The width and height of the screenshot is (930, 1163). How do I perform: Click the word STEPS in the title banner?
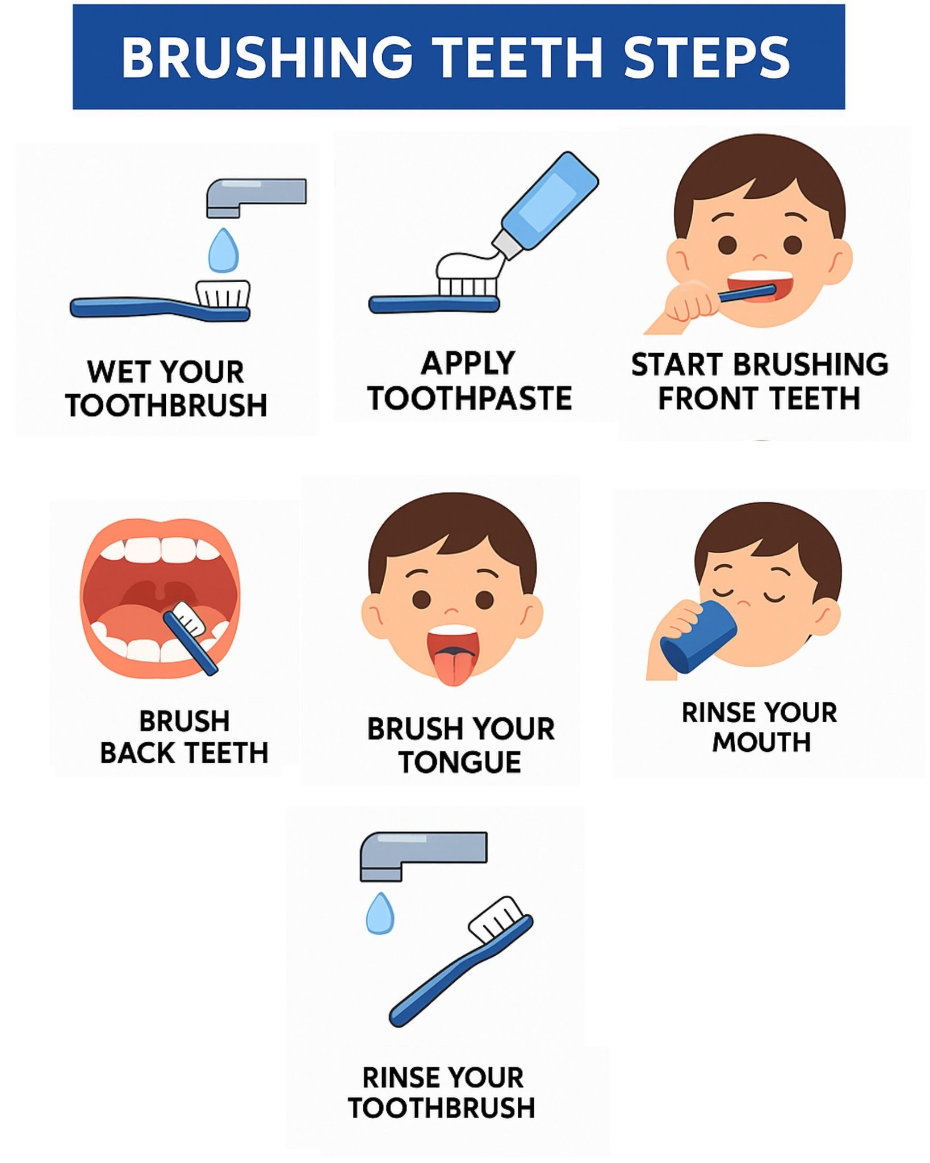point(706,57)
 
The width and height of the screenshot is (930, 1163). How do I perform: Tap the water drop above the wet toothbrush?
point(223,250)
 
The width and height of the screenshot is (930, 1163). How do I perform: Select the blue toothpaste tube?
point(545,204)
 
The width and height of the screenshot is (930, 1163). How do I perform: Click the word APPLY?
point(468,363)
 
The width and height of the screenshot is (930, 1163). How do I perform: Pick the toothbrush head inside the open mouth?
point(189,618)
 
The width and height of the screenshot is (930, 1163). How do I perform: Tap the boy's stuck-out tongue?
point(453,664)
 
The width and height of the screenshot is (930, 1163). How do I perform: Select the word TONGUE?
point(460,763)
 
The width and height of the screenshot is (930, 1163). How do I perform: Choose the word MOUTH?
point(761,742)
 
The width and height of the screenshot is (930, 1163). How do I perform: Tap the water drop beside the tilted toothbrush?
point(380,914)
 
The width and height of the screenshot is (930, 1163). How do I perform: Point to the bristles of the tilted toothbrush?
point(495,918)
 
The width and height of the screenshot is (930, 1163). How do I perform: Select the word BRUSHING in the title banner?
point(267,57)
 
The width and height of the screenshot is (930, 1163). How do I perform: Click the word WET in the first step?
point(114,372)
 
